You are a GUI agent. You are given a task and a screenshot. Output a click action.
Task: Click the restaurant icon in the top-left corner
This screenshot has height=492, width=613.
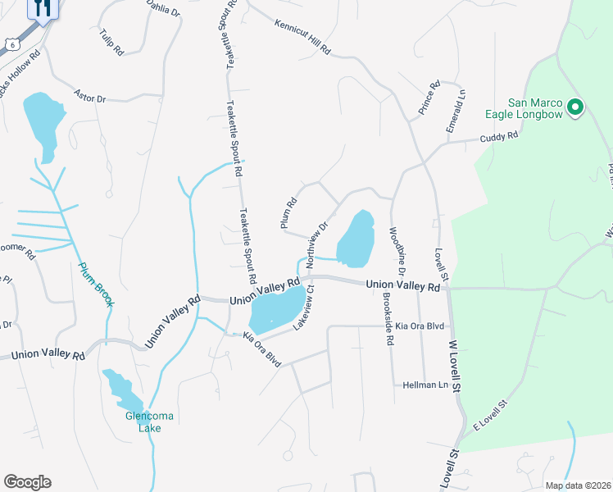point(43,7)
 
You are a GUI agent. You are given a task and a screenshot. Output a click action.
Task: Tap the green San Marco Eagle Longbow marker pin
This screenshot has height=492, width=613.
point(575,107)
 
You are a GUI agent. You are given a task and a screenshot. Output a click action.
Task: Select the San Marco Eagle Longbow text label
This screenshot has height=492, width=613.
point(535,108)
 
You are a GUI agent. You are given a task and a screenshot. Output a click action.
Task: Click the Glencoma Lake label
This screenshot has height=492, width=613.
point(149,421)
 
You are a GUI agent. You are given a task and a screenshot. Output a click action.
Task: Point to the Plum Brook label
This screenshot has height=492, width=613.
point(96,284)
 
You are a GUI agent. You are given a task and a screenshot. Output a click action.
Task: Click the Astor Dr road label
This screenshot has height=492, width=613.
point(90,95)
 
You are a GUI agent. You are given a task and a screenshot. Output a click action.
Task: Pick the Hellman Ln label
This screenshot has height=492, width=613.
point(424,385)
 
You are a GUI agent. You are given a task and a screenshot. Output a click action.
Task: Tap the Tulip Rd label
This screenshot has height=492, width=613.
point(110,42)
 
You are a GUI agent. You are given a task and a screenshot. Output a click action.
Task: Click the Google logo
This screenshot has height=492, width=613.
point(27,482)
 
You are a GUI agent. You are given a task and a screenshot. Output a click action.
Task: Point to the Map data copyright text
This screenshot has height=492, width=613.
point(577,485)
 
